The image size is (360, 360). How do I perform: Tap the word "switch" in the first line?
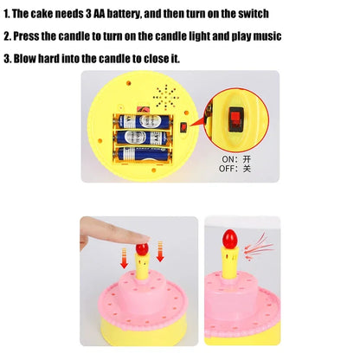click(x=254, y=14)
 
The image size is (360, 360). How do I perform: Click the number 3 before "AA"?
click(x=88, y=14)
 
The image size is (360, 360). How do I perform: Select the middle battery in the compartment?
click(x=142, y=138)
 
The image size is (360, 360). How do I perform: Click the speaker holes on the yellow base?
click(x=165, y=98)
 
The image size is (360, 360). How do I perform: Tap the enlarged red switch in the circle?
click(x=236, y=119)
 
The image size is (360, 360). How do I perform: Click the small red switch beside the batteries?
click(x=183, y=127)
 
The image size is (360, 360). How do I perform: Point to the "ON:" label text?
click(x=229, y=159)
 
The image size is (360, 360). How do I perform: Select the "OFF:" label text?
click(x=228, y=169)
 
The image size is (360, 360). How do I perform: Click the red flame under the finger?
click(x=142, y=249)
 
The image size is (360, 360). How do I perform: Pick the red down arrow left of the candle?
click(x=125, y=258)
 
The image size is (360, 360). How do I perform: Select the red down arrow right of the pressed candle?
click(x=160, y=252)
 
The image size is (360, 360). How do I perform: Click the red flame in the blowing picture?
click(x=229, y=239)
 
